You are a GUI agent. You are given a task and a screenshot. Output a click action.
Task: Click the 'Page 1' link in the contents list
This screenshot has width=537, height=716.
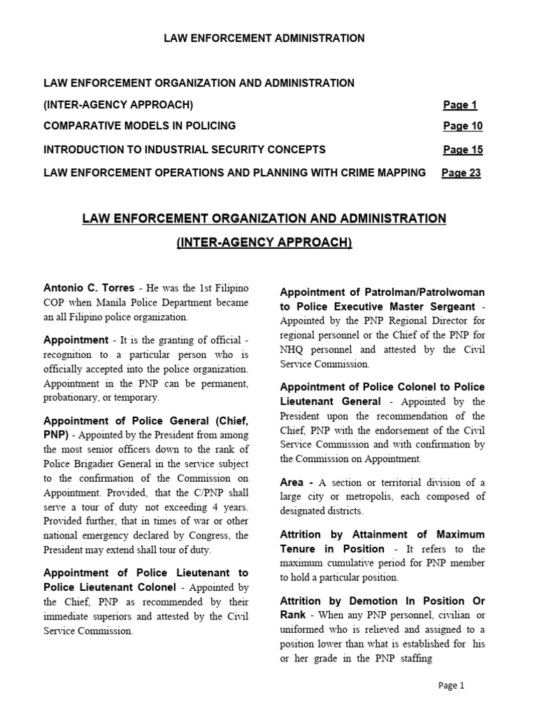(x=459, y=106)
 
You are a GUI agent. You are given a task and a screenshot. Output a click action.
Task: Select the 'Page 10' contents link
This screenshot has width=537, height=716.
(x=462, y=127)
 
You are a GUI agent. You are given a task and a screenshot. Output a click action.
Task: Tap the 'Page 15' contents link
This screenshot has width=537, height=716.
(x=462, y=150)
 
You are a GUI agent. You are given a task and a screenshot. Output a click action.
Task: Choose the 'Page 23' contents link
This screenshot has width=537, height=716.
(x=461, y=173)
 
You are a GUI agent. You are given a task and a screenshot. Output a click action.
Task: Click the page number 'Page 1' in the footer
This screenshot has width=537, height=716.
(x=451, y=686)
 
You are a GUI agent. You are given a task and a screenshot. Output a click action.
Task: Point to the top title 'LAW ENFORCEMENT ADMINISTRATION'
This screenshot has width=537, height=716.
(x=264, y=38)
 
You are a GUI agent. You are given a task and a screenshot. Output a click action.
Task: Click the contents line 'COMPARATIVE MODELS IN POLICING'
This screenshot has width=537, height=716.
(x=140, y=127)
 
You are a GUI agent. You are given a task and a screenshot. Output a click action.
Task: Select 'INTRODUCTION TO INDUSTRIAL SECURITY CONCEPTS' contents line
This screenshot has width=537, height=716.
(x=185, y=150)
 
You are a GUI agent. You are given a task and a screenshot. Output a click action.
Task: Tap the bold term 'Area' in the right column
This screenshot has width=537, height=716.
(x=292, y=483)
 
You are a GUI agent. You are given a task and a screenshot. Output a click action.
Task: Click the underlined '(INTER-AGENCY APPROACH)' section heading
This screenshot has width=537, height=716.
(x=264, y=243)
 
